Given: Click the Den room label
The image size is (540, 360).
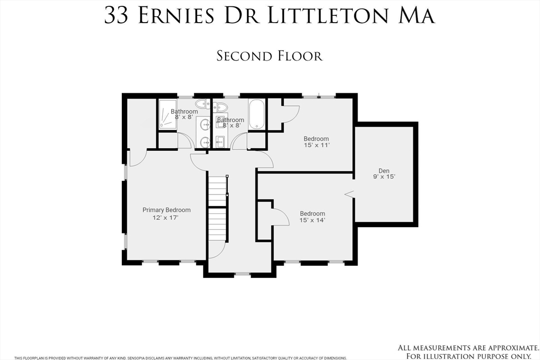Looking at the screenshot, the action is point(384,171).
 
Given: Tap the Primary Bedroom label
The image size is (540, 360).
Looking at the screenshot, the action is point(166,210).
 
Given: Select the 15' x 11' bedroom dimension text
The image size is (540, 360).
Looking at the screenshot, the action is point(316,145).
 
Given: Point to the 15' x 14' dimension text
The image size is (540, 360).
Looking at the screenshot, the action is point(312,220).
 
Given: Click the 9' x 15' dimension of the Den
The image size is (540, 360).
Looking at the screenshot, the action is point(384,177).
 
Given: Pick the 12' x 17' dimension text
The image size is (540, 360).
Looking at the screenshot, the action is point(166,218).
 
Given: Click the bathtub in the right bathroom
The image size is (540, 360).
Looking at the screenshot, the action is point(257,114).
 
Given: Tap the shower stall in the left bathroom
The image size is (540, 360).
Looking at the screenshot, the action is point(168,114).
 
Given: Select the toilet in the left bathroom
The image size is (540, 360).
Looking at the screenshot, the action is point(203,103).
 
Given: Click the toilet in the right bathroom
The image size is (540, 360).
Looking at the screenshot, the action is point(220,107).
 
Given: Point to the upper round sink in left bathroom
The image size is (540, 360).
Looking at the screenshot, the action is point(205,124).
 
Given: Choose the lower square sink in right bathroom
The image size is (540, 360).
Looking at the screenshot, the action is point(220,140).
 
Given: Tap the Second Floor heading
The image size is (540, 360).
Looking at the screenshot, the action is point(269,56).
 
